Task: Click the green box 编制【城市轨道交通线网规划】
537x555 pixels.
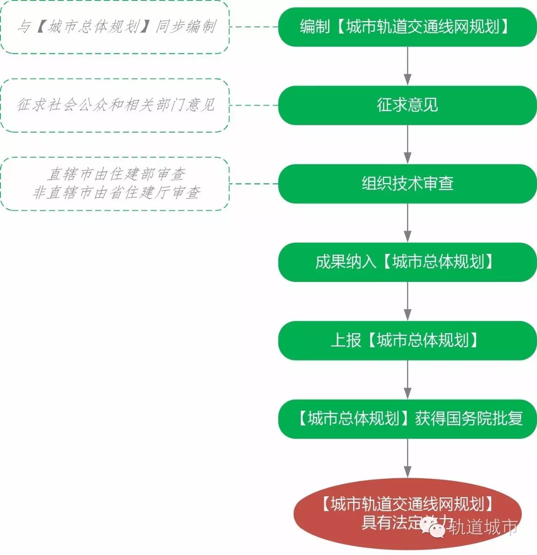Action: coord(407,27)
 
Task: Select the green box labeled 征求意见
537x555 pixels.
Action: coord(407,105)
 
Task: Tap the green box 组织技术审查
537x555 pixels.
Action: coord(407,184)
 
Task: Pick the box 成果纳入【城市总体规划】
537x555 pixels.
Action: coord(407,262)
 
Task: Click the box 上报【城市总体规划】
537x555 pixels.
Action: coord(407,340)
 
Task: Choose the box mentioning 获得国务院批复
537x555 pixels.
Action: coord(407,419)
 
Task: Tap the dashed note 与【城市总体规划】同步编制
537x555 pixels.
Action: coord(115,27)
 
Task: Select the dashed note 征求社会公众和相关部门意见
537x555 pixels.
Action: coord(115,105)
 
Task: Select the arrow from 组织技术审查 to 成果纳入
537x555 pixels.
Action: coord(407,223)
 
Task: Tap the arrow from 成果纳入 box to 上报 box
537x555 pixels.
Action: coord(407,301)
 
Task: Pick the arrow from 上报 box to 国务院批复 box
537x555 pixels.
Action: coord(407,380)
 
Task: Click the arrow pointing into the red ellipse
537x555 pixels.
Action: coord(407,458)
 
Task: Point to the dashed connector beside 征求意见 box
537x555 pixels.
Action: coord(254,105)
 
